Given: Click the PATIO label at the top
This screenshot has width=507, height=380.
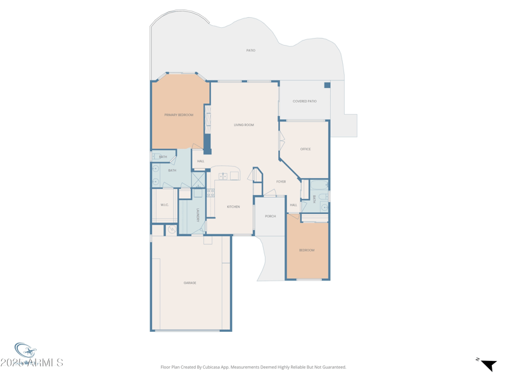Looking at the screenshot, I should [x=251, y=50].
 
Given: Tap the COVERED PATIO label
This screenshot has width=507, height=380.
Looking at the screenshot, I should [x=304, y=101].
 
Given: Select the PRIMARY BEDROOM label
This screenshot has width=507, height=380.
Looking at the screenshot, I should [x=179, y=115].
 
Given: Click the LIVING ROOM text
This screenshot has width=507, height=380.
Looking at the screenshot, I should [x=244, y=125].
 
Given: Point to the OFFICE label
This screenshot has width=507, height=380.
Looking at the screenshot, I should [x=305, y=149].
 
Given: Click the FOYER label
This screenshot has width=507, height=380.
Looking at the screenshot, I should [x=281, y=182].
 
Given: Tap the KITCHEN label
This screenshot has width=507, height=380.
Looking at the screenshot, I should [x=233, y=206].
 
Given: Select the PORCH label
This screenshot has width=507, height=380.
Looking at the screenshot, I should [x=271, y=216].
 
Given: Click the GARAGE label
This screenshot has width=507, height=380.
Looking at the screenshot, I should [x=189, y=282].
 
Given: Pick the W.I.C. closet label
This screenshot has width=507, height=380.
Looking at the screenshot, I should [x=165, y=205].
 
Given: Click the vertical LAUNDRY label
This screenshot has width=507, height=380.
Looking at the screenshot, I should [x=198, y=215].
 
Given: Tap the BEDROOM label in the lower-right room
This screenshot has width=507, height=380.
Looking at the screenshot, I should [x=307, y=250].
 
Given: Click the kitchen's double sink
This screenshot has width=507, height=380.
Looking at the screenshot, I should [x=224, y=176].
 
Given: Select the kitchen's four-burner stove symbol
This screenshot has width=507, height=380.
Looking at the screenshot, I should [x=210, y=193].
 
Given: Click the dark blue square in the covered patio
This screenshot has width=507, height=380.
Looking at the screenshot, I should [x=328, y=85].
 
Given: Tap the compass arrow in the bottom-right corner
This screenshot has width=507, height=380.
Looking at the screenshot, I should [x=488, y=365].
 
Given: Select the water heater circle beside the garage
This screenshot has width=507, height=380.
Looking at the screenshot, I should [x=171, y=229].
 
